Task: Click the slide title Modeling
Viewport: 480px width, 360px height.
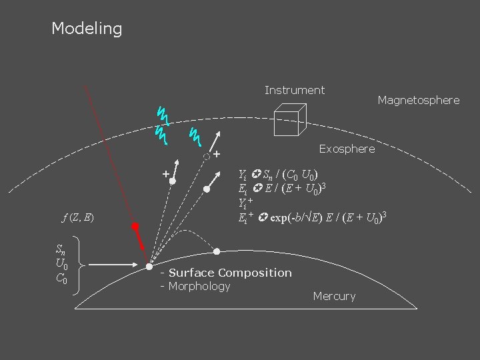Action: point(87,29)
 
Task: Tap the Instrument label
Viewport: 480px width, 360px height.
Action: point(294,90)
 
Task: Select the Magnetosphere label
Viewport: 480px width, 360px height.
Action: point(418,100)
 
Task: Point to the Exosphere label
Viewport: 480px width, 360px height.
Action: point(347,149)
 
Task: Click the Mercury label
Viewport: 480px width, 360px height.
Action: point(334,296)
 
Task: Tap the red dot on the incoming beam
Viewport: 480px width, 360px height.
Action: point(135,226)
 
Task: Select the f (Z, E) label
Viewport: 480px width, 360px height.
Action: point(77,217)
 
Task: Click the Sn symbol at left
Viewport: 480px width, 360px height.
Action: point(61,250)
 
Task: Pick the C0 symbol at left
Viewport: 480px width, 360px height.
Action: point(61,278)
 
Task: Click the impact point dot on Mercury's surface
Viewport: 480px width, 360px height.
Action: point(149,266)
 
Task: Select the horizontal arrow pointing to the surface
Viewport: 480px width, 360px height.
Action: point(113,265)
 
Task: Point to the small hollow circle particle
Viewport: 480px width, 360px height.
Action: point(207,157)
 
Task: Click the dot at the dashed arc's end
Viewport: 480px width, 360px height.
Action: point(217,251)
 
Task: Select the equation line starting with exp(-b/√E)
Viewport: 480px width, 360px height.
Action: point(313,217)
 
